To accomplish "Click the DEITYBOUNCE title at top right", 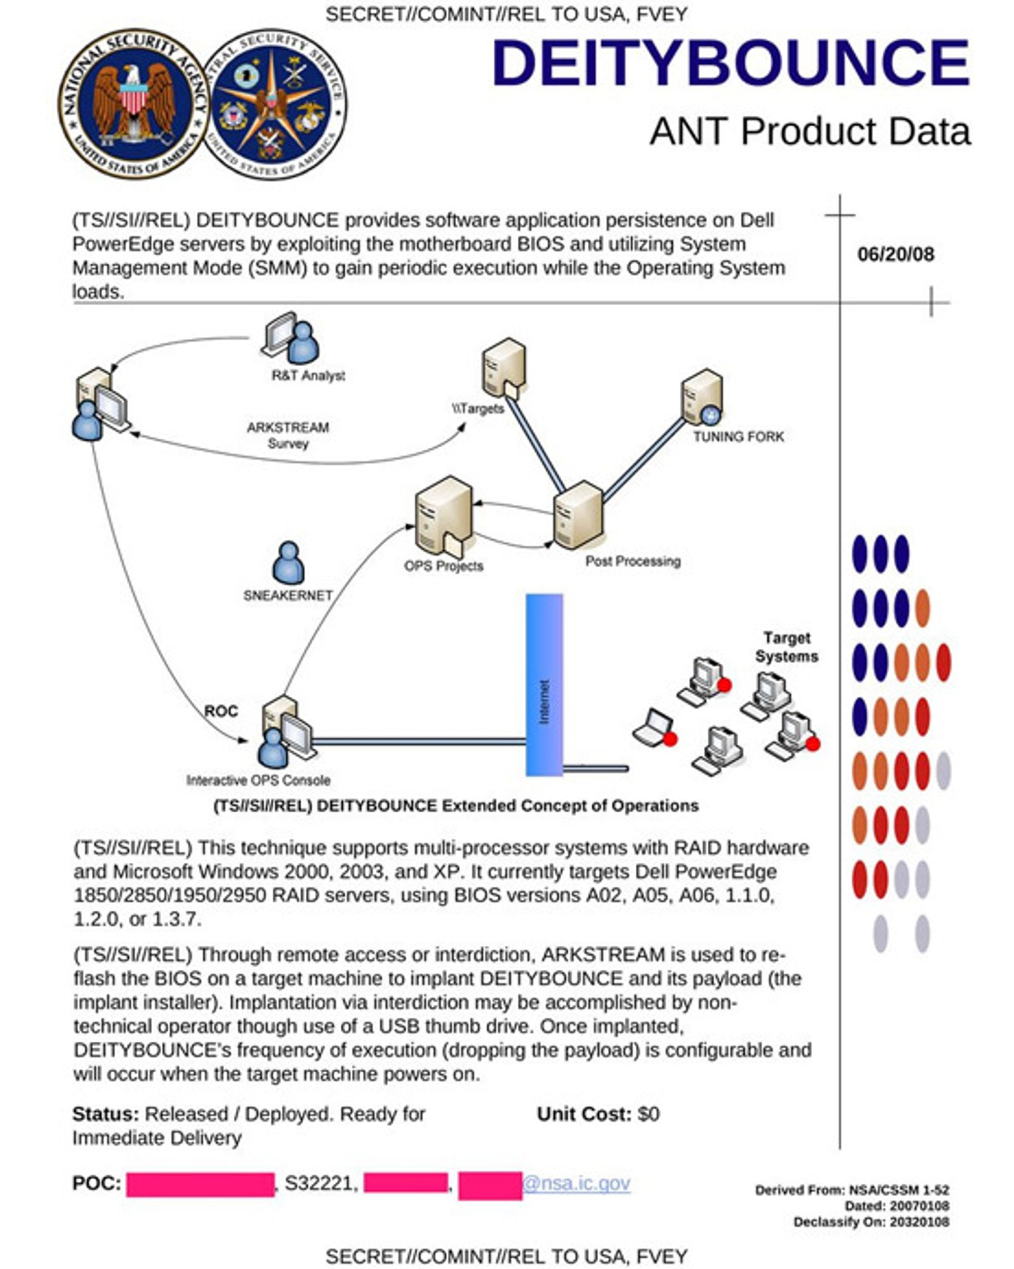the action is click(731, 62).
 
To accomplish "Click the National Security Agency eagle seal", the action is click(133, 104).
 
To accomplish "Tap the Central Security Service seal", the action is click(274, 104).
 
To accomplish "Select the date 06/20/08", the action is click(896, 254).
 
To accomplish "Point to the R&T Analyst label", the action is click(308, 375).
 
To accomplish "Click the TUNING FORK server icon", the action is click(702, 397).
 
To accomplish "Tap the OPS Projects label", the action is click(443, 566).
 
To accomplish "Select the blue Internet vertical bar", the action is click(544, 685).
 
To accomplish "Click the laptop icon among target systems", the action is click(655, 729).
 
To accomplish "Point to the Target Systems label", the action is click(786, 647).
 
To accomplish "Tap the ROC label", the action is click(221, 711).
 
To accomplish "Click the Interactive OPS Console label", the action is click(259, 781).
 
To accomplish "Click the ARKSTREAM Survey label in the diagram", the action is click(288, 436).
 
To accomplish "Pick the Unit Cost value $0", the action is click(648, 1114).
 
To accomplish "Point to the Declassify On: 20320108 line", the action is click(871, 1222).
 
